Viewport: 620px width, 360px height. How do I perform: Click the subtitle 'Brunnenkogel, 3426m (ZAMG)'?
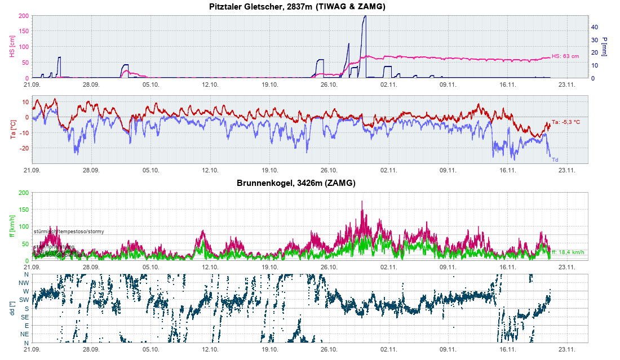point(296,183)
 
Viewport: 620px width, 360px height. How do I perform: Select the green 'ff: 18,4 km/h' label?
point(569,252)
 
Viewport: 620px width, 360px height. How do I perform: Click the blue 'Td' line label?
point(555,159)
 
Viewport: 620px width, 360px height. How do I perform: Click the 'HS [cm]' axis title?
point(12,47)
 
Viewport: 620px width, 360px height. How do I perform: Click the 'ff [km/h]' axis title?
point(12,226)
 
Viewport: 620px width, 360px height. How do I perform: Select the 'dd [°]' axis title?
point(12,309)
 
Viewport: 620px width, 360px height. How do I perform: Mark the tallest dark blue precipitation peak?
point(365,17)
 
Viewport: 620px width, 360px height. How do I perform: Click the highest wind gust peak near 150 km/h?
point(362,202)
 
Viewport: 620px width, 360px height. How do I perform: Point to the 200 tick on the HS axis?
point(24,16)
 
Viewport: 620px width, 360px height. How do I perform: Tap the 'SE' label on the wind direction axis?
point(25,317)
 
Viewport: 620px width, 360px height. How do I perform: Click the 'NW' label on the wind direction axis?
point(24,283)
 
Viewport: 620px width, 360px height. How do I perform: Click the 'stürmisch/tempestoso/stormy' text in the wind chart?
point(69,232)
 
